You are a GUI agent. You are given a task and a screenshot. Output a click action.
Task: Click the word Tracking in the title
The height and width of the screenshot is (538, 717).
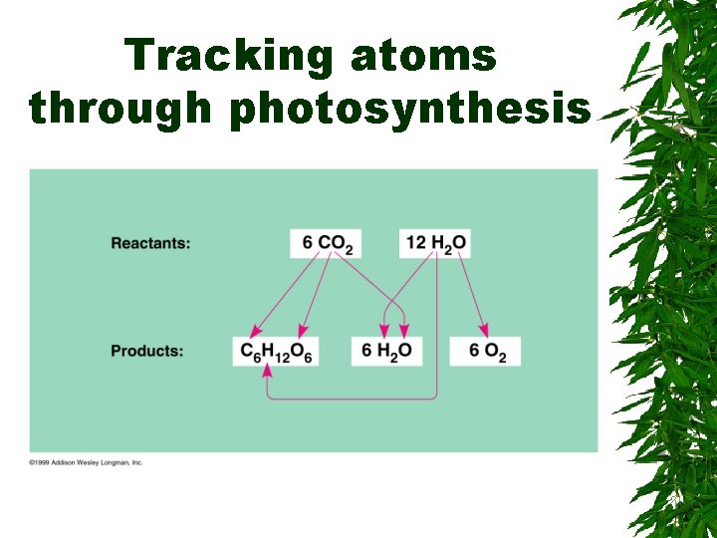click(x=228, y=56)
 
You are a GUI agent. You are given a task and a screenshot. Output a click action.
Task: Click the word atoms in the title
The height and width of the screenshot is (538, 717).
click(x=423, y=56)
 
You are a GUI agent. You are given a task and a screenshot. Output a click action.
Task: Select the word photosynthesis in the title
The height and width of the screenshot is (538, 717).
click(x=410, y=110)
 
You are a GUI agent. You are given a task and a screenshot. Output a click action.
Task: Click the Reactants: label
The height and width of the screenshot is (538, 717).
click(x=150, y=243)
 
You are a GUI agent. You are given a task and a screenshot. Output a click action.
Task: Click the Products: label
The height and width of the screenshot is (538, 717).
click(x=146, y=351)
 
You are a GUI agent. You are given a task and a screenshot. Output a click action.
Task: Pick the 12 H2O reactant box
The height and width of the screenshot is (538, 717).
click(x=435, y=243)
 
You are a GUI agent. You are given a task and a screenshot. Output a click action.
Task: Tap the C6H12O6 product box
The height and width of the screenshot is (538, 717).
click(x=276, y=351)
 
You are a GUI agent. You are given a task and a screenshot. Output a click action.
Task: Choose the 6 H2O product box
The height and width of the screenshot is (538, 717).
click(x=385, y=351)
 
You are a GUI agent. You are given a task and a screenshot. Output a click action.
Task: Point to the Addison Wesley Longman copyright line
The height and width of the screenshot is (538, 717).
click(x=87, y=462)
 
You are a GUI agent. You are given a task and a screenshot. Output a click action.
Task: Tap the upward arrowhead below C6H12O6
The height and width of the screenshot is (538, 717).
click(x=266, y=372)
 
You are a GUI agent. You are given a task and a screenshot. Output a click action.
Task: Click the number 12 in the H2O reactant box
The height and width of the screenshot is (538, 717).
click(x=415, y=242)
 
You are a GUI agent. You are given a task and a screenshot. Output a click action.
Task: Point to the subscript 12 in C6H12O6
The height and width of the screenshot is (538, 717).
click(x=285, y=357)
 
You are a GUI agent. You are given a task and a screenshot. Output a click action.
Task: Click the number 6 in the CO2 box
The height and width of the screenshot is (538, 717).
click(x=307, y=242)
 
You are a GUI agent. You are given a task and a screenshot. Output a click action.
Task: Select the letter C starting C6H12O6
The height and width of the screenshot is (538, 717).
click(x=245, y=350)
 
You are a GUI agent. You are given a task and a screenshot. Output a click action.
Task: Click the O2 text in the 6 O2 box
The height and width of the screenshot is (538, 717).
click(x=495, y=352)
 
